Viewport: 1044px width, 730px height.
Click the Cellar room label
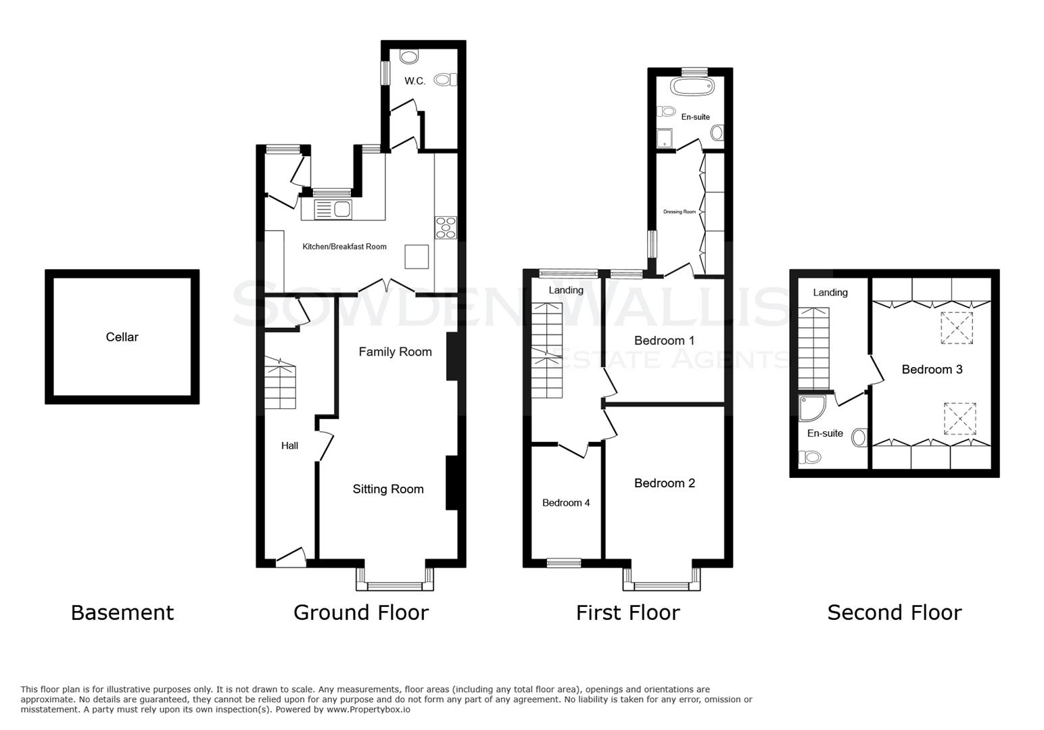click(122, 337)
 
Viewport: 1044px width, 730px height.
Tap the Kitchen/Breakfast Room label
click(344, 247)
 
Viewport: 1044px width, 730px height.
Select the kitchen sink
click(333, 210)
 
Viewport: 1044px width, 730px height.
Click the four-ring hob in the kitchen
click(446, 228)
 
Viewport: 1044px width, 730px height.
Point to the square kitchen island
click(417, 256)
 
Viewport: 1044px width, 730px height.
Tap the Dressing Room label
click(679, 212)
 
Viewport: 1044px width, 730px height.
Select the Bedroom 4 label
click(566, 503)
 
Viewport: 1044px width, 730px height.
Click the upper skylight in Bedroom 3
click(957, 328)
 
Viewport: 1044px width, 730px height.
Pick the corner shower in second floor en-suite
click(811, 408)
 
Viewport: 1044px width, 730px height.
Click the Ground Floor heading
click(361, 612)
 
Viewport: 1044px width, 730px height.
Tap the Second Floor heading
click(894, 612)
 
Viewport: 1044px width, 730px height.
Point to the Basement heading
click(122, 612)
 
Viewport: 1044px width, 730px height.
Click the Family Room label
click(395, 351)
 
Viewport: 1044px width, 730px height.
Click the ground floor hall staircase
click(279, 387)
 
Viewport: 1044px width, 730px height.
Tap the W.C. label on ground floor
click(414, 81)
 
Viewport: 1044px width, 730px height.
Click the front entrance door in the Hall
click(291, 558)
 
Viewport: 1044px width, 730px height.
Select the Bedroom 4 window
click(564, 562)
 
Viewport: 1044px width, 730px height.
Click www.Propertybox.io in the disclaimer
click(369, 710)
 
